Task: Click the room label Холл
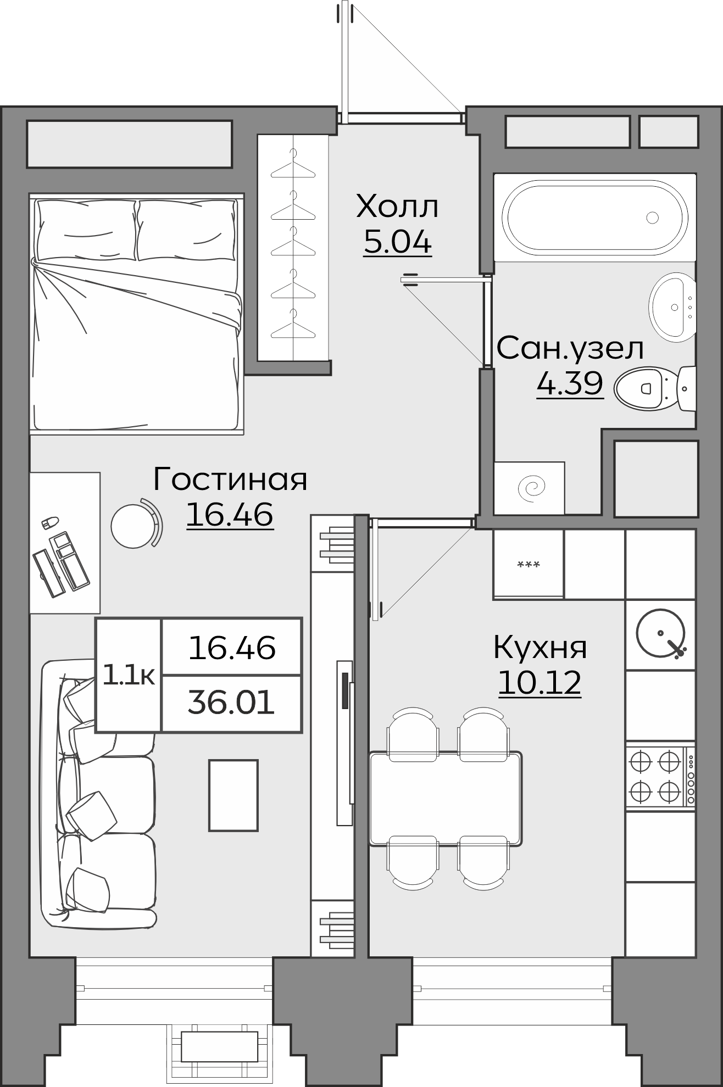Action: point(397,207)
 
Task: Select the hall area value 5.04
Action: point(397,242)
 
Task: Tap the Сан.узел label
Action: point(570,348)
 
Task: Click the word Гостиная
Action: point(230,479)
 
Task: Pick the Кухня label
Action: point(540,647)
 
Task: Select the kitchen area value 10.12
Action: point(540,683)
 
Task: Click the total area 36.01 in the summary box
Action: point(231,703)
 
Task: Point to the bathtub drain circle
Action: point(652,218)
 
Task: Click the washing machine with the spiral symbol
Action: point(529,487)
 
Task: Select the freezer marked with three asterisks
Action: point(529,564)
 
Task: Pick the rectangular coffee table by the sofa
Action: point(233,795)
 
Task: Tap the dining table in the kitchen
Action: point(445,799)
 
